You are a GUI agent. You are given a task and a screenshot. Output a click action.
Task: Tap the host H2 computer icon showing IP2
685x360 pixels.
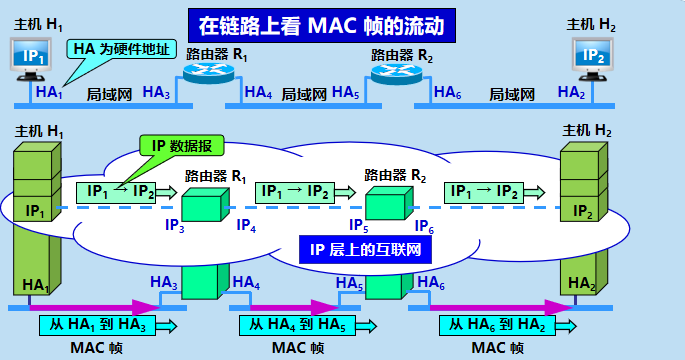point(593,56)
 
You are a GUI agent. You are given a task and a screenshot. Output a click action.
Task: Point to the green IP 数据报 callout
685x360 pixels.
point(181,145)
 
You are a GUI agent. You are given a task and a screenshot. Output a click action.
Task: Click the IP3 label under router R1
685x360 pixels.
point(175,227)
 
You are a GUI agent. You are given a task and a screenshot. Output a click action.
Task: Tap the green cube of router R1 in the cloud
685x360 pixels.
point(206,204)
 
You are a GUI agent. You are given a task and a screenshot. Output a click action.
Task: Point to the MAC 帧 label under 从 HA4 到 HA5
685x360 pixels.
point(297,348)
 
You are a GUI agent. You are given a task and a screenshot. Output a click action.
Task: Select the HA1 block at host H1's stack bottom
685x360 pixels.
point(35,285)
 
